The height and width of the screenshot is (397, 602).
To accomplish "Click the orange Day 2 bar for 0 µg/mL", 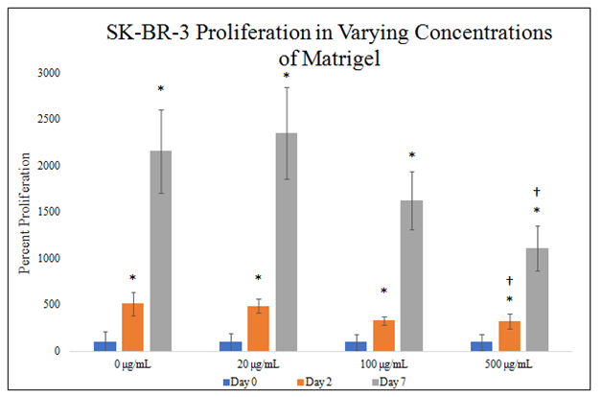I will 133,327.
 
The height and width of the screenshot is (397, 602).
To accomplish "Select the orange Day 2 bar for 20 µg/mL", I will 259,329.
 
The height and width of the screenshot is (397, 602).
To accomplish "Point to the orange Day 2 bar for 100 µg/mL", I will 383,336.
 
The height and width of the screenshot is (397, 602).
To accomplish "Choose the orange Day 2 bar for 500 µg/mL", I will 509,337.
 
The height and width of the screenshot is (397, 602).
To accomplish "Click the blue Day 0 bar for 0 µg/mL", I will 105,346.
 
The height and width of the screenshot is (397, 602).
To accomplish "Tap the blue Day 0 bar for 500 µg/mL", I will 481,346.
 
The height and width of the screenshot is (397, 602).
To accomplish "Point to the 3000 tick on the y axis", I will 49,73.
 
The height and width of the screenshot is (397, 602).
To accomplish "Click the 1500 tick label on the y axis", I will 49,212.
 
